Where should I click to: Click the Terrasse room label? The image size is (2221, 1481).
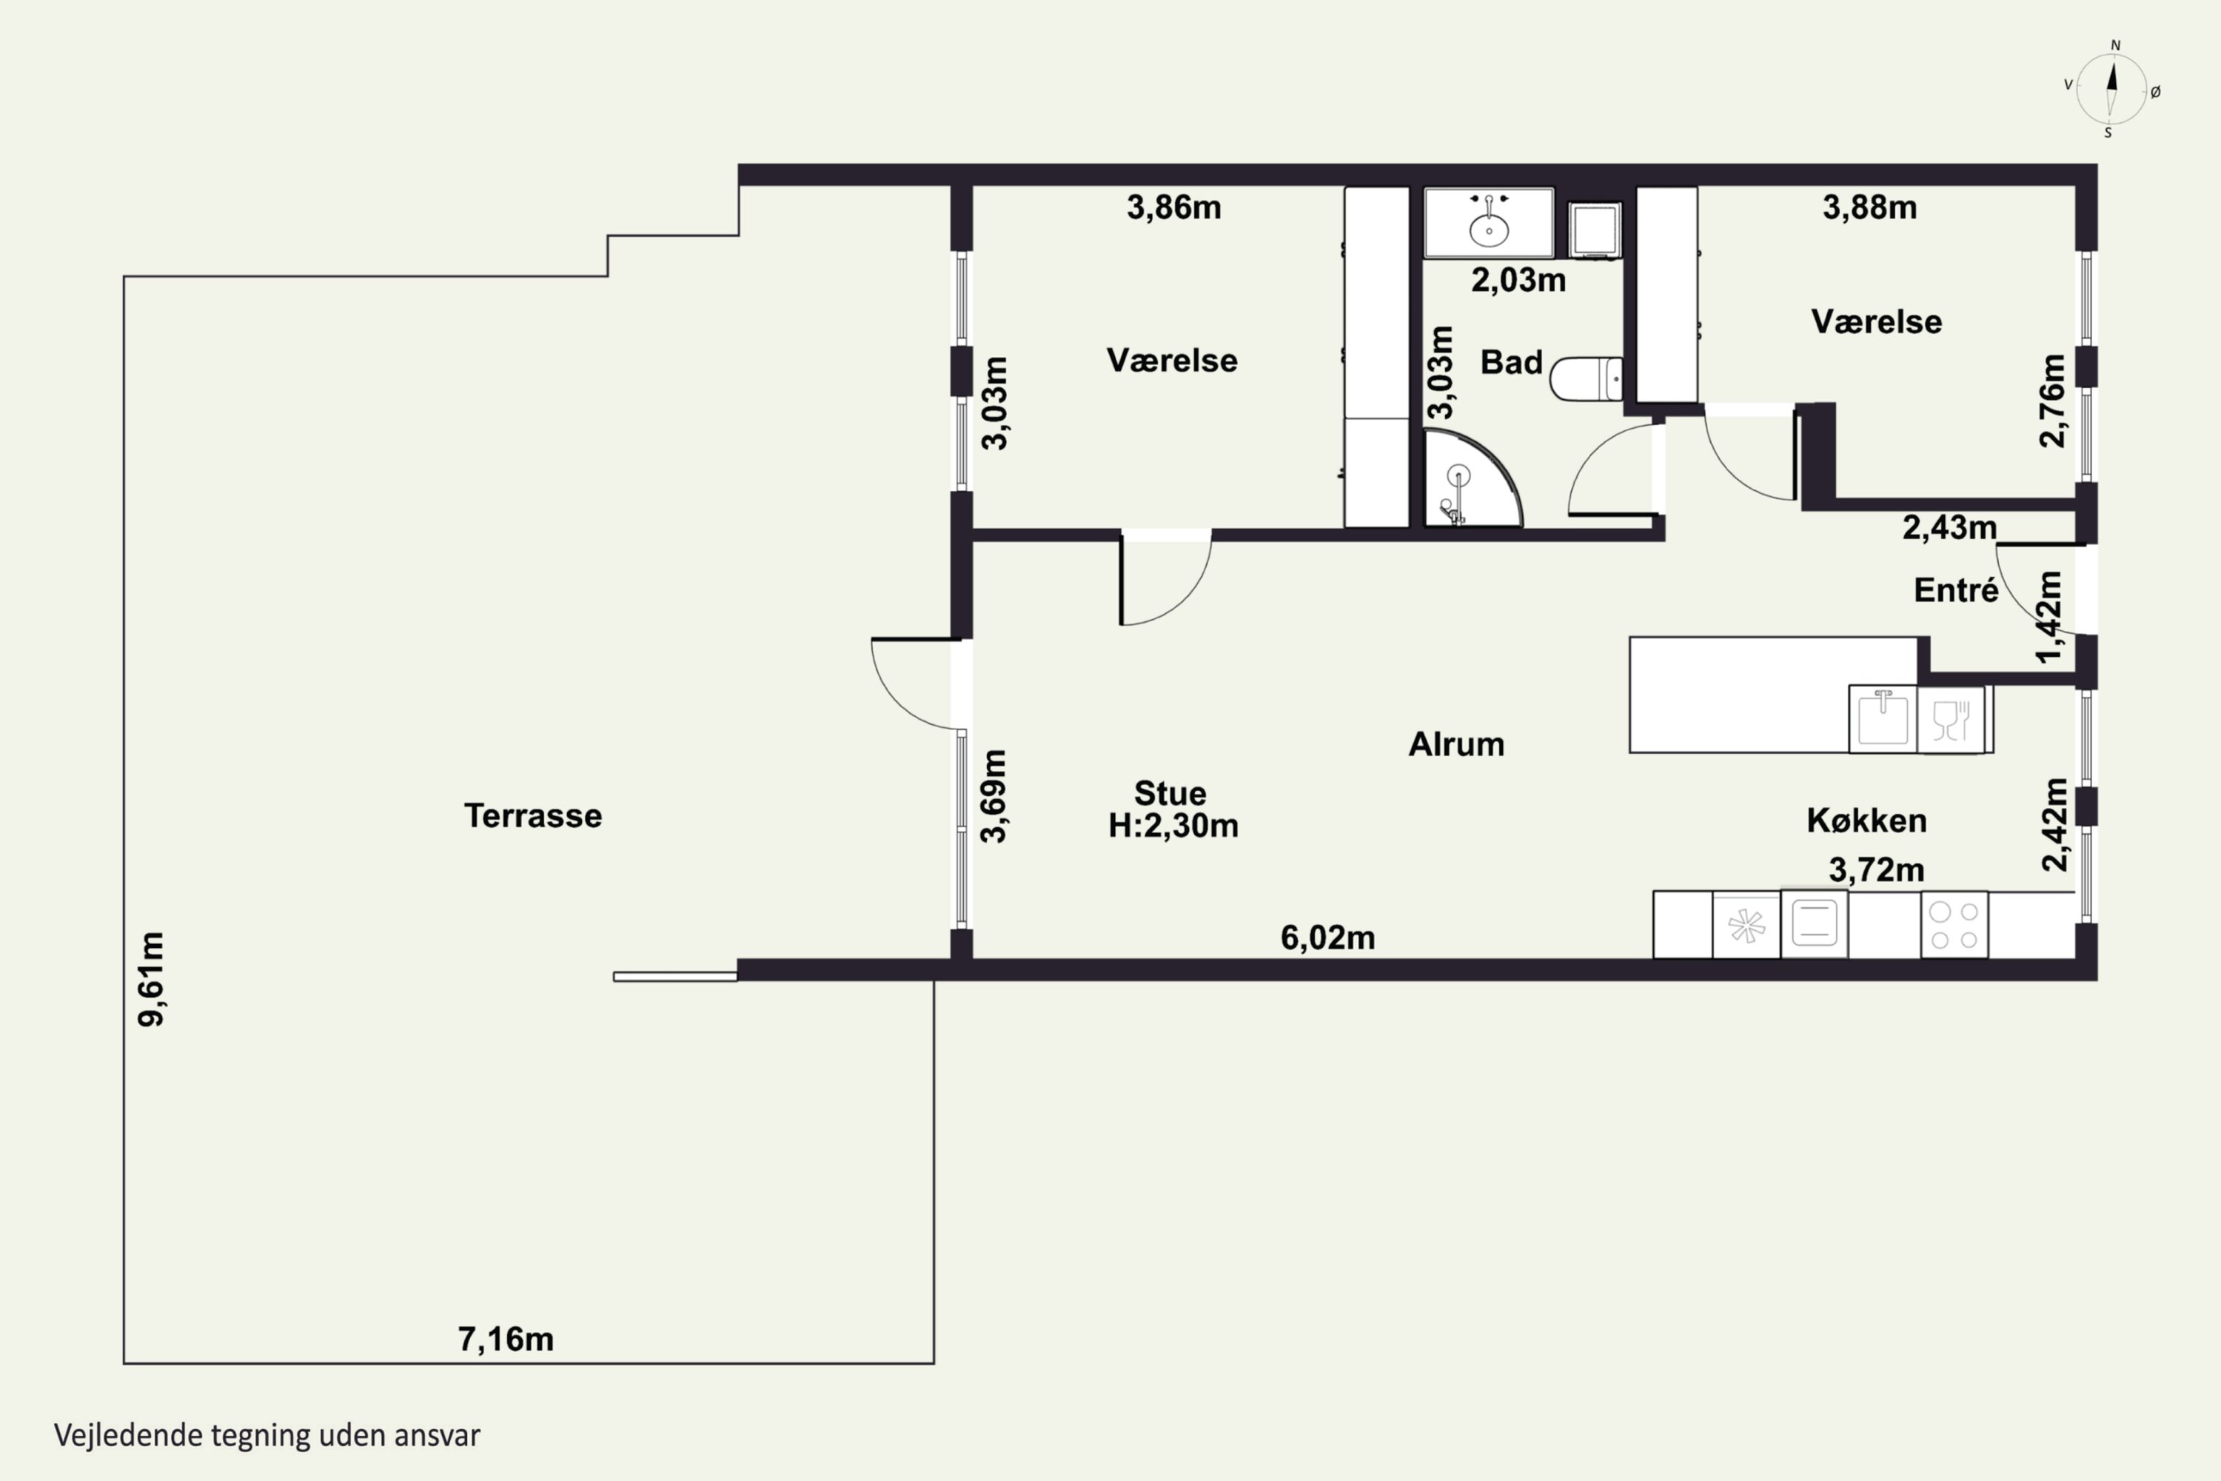pos(532,815)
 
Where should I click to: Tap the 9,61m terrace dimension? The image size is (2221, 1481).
pos(151,978)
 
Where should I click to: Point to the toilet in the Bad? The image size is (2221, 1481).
pos(1587,378)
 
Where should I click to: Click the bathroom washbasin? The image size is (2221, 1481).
pos(1489,223)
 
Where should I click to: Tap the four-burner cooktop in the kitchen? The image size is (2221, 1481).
pos(1954,925)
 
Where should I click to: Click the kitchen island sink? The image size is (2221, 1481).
pos(1883,719)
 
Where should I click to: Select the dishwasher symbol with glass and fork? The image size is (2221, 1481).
pos(1951,720)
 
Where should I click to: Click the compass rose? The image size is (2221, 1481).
pos(2112,90)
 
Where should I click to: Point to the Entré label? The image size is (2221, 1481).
pos(1956,589)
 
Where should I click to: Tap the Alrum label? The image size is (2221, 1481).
pos(1456,744)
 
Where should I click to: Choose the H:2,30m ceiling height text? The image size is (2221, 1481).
pos(1173,826)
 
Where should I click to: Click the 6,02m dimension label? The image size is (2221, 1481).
pos(1327,937)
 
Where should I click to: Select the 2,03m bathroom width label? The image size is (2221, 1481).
pos(1518,280)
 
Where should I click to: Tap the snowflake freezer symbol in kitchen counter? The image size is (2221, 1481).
pos(1746,926)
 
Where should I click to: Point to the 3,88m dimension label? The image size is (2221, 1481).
pos(1870,207)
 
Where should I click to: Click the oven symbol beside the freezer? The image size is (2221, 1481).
pos(1814,923)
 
